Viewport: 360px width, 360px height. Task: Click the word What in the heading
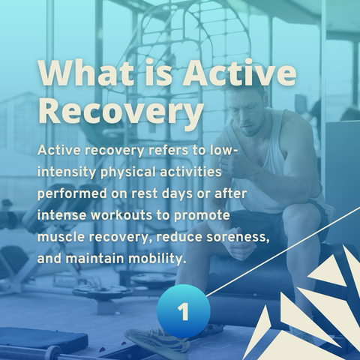[x=85, y=73]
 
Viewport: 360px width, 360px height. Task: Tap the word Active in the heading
[x=239, y=73]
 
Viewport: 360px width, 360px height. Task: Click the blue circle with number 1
[x=184, y=311]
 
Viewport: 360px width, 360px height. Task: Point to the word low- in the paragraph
[x=224, y=151]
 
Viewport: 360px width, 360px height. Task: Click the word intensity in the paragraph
[x=67, y=172]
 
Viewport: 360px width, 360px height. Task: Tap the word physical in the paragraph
[x=128, y=172]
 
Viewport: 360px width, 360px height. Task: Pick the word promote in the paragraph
[x=202, y=216]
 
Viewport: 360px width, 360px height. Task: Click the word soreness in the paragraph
[x=238, y=238]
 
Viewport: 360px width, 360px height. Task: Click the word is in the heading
[x=158, y=73]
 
